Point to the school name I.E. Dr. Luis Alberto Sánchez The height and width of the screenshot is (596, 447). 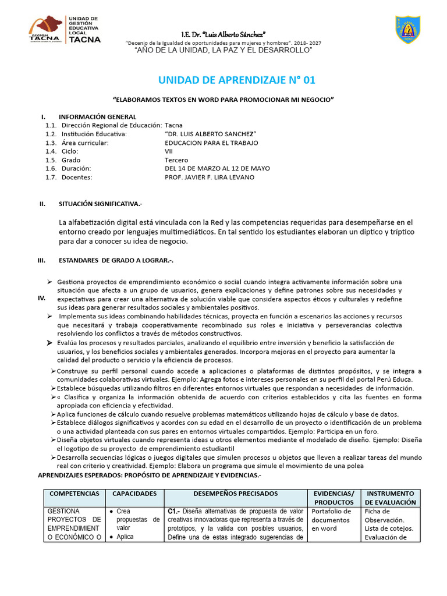(x=223, y=33)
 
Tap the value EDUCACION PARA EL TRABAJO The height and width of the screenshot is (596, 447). (x=212, y=143)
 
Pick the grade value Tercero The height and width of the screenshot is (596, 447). (x=176, y=160)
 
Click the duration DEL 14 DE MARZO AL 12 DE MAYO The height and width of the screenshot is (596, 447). (x=217, y=169)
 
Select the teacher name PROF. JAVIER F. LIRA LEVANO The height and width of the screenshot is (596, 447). (x=210, y=178)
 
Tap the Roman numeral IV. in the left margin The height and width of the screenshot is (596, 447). (x=42, y=298)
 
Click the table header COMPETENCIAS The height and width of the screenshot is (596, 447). (x=74, y=494)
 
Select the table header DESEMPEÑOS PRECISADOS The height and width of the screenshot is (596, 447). (x=236, y=494)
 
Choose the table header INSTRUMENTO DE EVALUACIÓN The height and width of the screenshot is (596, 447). (x=391, y=498)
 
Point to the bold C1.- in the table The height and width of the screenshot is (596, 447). (x=174, y=512)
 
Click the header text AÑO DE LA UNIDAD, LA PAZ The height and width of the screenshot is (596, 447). (x=223, y=51)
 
